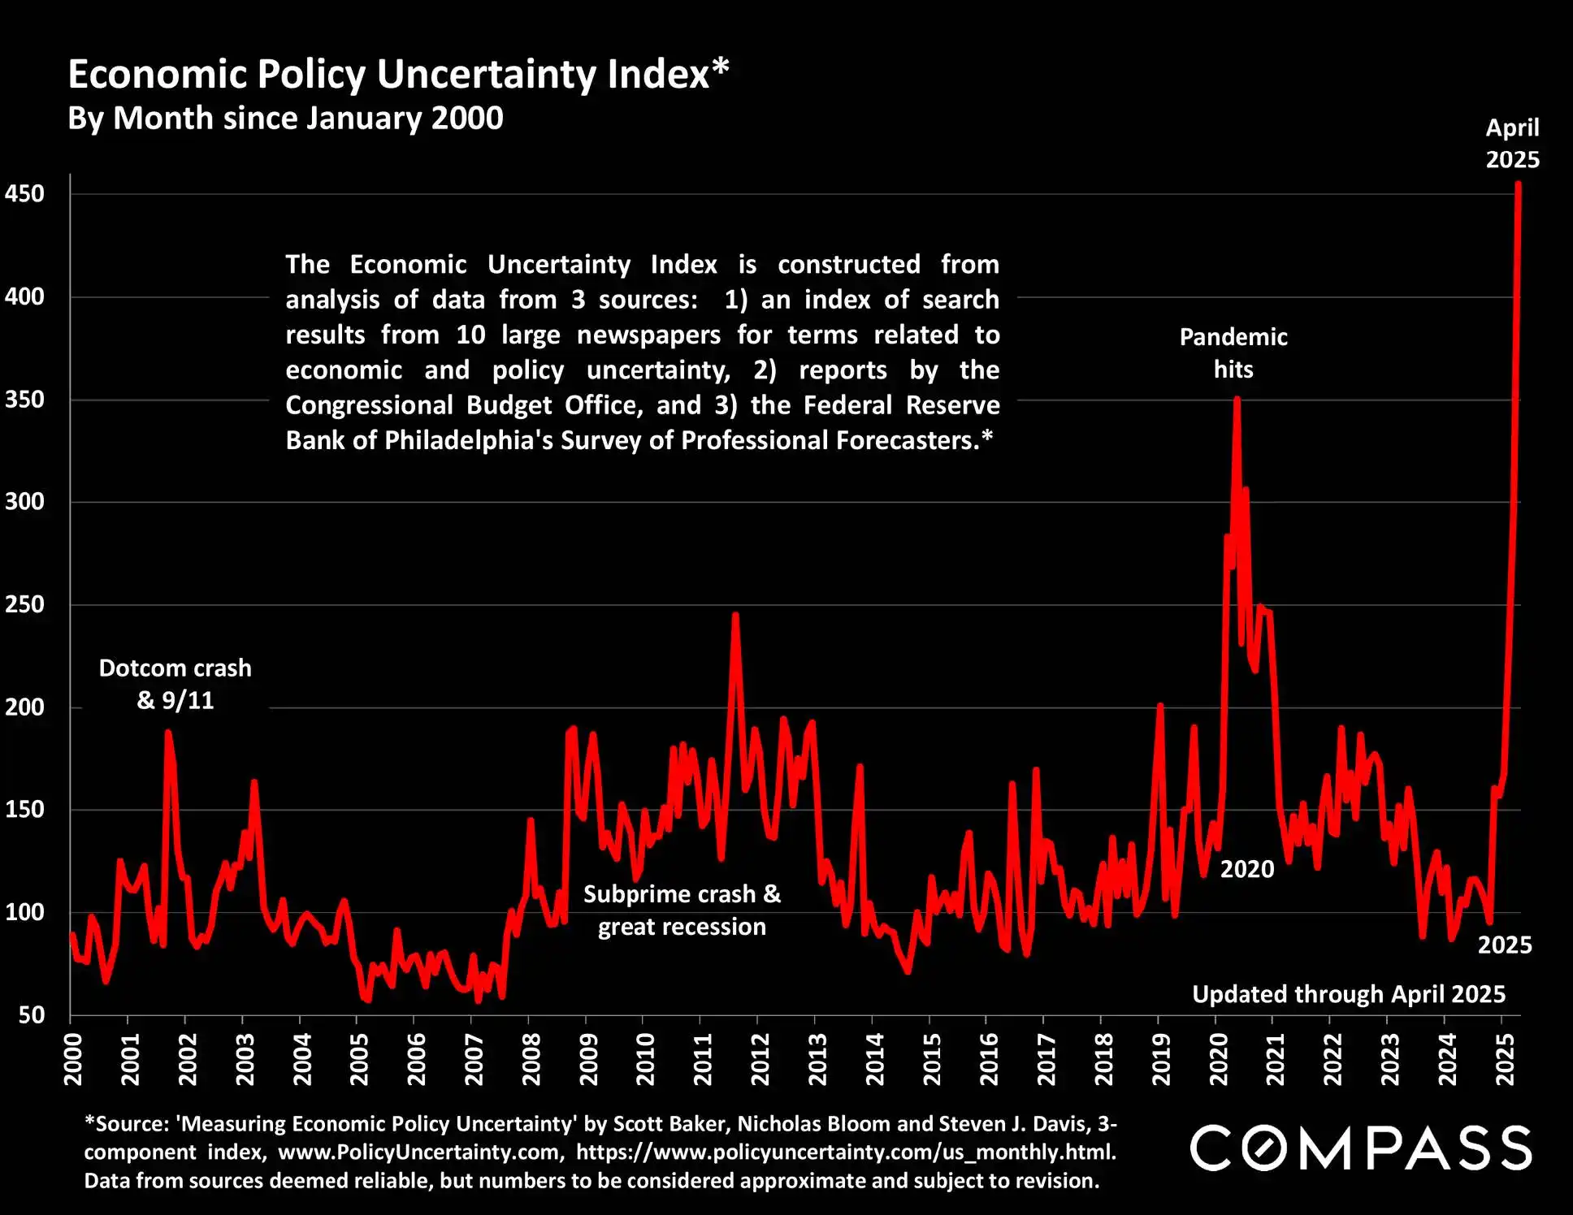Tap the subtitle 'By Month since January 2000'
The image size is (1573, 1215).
pyautogui.click(x=285, y=119)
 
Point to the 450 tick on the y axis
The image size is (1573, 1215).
pyautogui.click(x=24, y=194)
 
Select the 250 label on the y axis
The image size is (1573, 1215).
pyautogui.click(x=24, y=604)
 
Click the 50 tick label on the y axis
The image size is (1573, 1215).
pyautogui.click(x=31, y=1015)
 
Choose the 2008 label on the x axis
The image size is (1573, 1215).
pyautogui.click(x=531, y=1059)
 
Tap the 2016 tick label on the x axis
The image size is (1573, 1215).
pyautogui.click(x=989, y=1059)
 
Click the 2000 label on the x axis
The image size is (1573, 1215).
pyautogui.click(x=73, y=1059)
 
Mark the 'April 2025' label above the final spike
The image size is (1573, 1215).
pyautogui.click(x=1512, y=144)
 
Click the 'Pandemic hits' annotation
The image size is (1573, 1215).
pyautogui.click(x=1233, y=353)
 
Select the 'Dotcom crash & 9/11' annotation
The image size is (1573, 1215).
pyautogui.click(x=175, y=684)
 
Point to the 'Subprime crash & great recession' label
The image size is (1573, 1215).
pyautogui.click(x=682, y=910)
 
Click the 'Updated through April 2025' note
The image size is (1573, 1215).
pyautogui.click(x=1349, y=994)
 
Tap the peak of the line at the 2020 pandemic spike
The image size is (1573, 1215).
pyautogui.click(x=1237, y=399)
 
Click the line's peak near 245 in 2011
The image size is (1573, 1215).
pyautogui.click(x=735, y=615)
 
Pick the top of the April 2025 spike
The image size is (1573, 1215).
pyautogui.click(x=1518, y=184)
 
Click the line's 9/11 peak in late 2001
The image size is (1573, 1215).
pyautogui.click(x=168, y=732)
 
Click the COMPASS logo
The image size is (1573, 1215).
pyautogui.click(x=1361, y=1148)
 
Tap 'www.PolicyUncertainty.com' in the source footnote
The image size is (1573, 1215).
pyautogui.click(x=421, y=1152)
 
